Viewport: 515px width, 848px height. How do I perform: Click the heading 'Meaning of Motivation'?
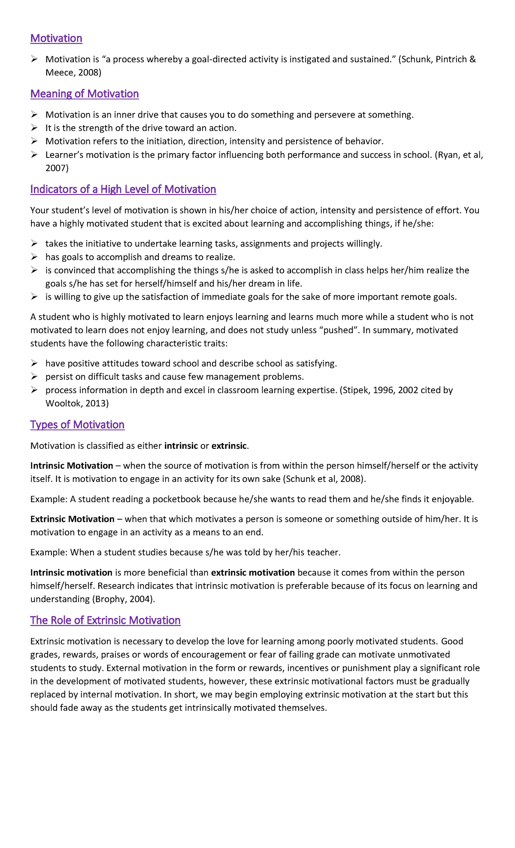tap(85, 94)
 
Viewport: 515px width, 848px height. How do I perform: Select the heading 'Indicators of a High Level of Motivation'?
tap(123, 189)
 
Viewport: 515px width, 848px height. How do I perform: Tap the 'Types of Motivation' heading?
tap(77, 424)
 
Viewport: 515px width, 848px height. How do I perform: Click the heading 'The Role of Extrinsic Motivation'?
tap(105, 620)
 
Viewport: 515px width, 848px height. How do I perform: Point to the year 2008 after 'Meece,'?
tap(89, 73)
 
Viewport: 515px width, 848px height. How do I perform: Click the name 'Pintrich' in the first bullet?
tap(451, 59)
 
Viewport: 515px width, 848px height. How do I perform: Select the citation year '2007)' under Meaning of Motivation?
tap(57, 168)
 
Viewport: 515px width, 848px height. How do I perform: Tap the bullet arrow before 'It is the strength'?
tap(34, 128)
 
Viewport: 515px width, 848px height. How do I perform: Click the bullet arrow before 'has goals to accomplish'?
tap(34, 257)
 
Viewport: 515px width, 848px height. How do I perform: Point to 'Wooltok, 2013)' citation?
tap(77, 403)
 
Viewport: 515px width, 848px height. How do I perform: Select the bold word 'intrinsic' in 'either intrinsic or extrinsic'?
tap(181, 445)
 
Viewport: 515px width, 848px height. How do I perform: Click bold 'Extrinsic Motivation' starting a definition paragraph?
tap(72, 519)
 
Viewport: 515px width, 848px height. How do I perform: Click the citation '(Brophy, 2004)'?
tap(123, 599)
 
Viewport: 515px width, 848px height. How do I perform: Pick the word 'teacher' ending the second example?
tap(323, 552)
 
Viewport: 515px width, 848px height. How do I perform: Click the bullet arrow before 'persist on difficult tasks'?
tap(34, 377)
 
